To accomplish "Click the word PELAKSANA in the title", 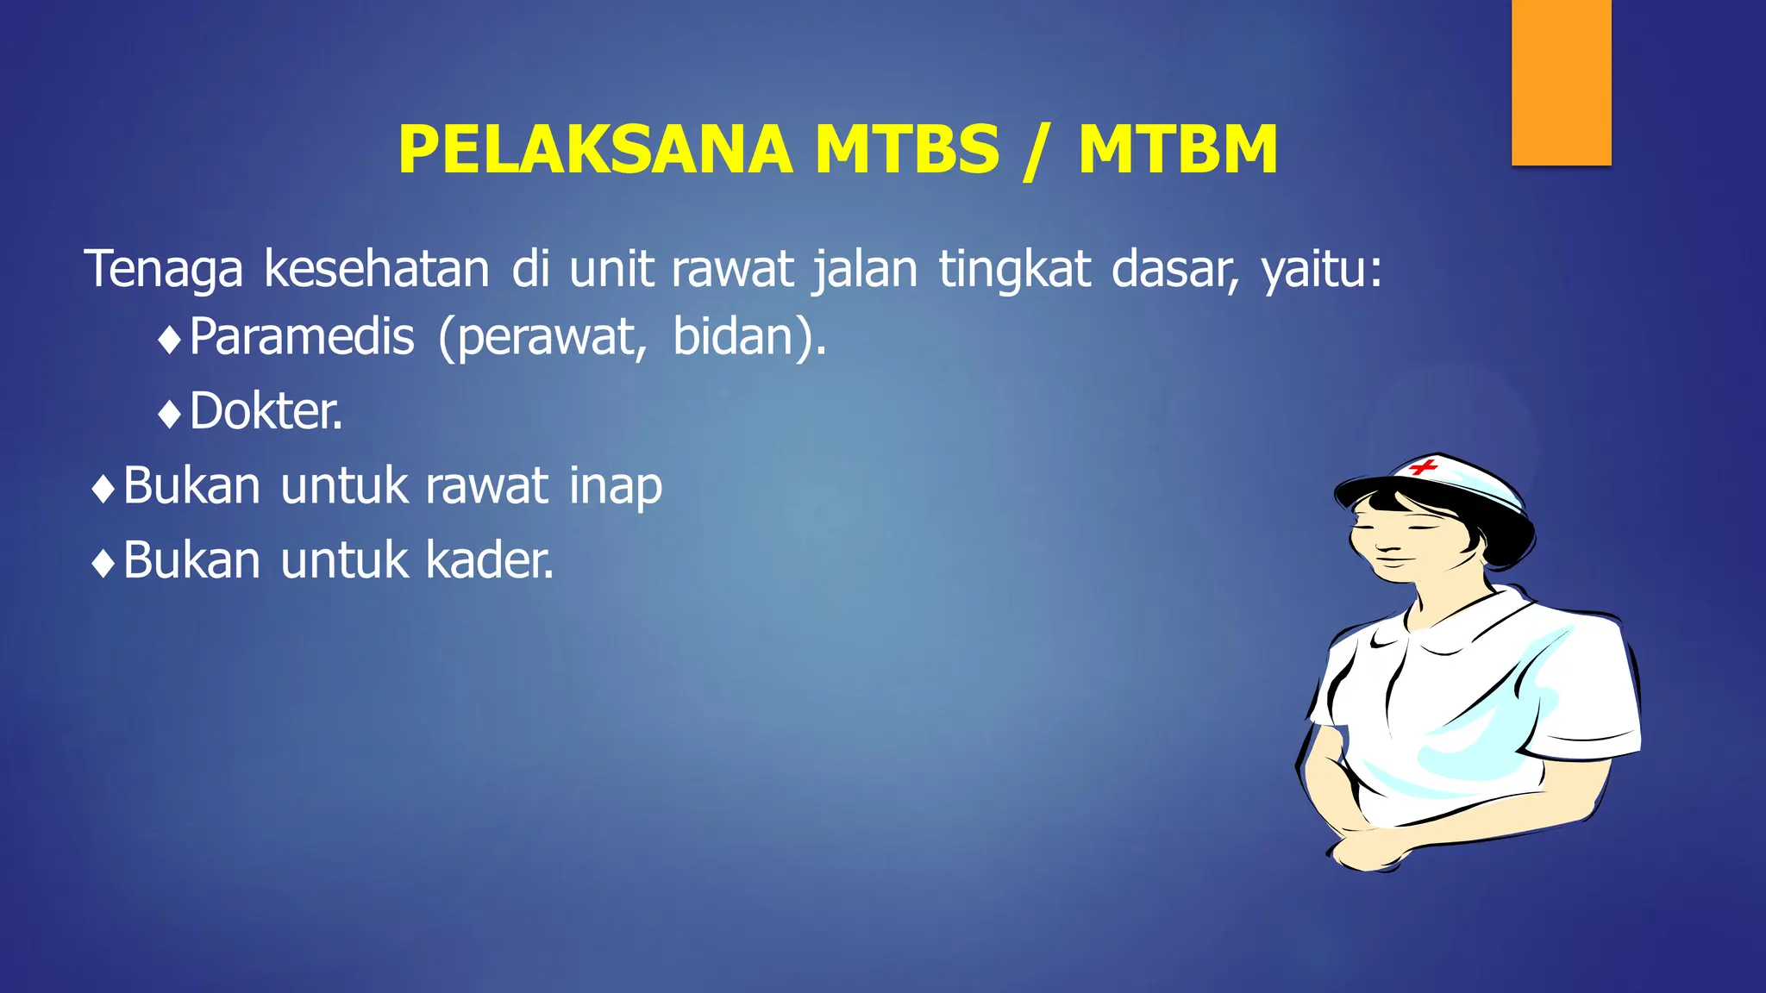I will tap(595, 150).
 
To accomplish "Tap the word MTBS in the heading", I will tap(907, 150).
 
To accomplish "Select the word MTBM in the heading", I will tap(1178, 150).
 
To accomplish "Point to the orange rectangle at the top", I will tap(1561, 83).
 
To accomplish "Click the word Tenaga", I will tap(164, 269).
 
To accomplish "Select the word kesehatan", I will tap(377, 269).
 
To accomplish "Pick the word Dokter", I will tap(266, 411).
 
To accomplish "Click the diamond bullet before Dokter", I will tap(170, 415).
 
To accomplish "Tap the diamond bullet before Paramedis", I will tap(170, 340).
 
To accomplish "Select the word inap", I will tap(616, 487).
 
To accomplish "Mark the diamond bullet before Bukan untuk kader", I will tap(103, 565).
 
